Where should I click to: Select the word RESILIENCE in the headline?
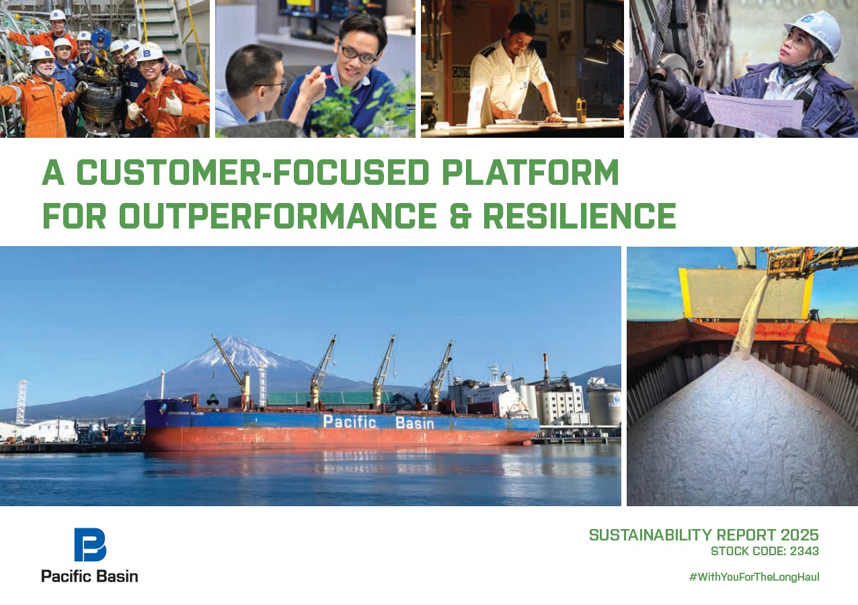579,215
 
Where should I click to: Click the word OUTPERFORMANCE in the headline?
279,215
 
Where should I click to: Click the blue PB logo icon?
90,544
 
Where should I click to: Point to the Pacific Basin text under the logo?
89,575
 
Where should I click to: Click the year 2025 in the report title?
799,535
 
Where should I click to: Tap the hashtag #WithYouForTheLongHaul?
754,577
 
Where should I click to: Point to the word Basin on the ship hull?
415,423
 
